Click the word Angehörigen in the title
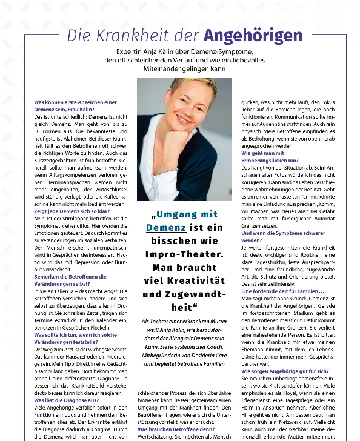pyautogui.click(x=252, y=36)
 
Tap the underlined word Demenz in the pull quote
pyautogui.click(x=165, y=228)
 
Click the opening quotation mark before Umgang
pyautogui.click(x=155, y=215)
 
